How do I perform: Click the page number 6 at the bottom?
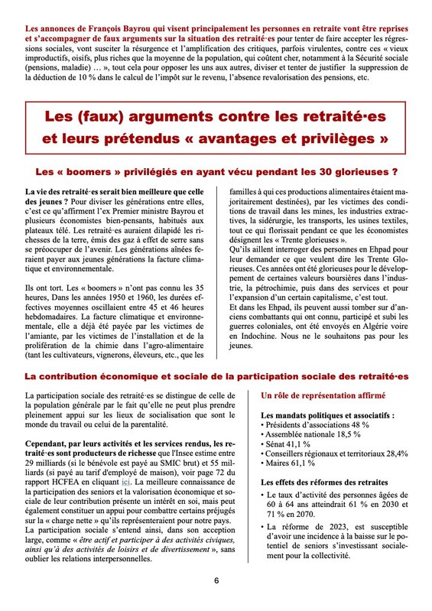point(216,580)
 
